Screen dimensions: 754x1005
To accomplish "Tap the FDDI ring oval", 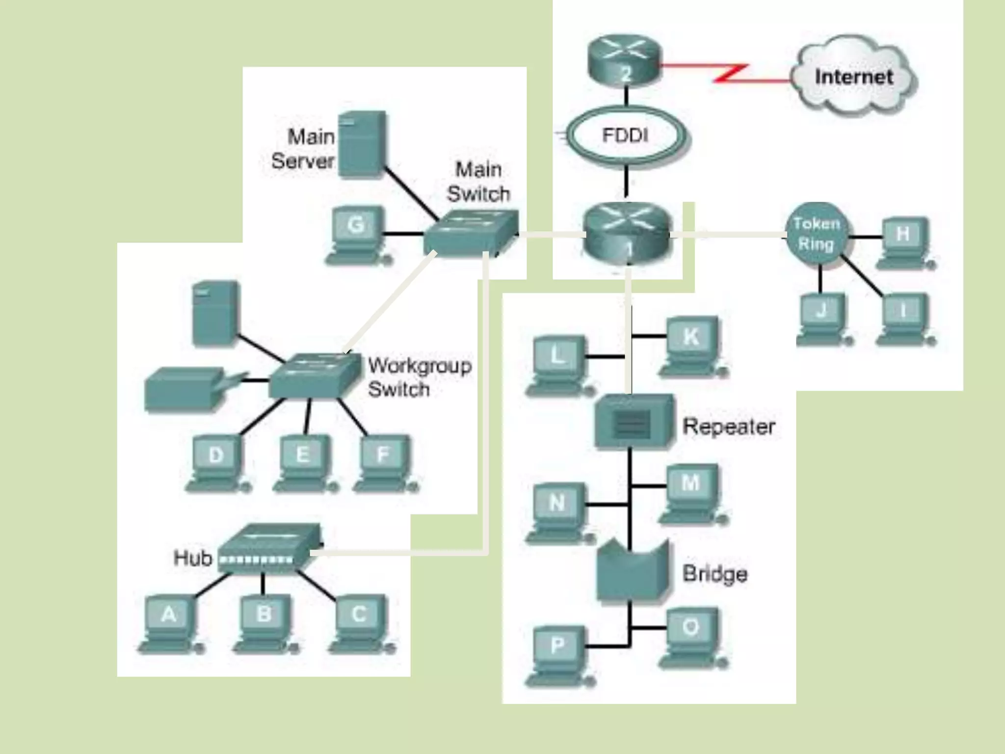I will [626, 135].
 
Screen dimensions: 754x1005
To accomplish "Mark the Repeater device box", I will [633, 421].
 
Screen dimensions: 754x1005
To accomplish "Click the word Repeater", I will [729, 426].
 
